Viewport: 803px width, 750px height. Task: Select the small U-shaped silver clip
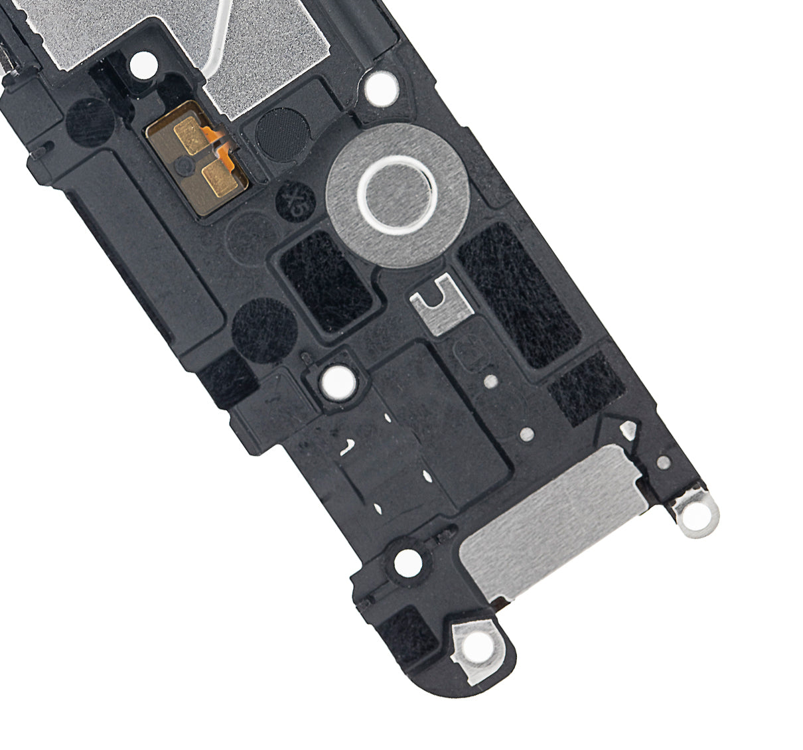437,305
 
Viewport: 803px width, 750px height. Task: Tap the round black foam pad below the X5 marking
259,329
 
